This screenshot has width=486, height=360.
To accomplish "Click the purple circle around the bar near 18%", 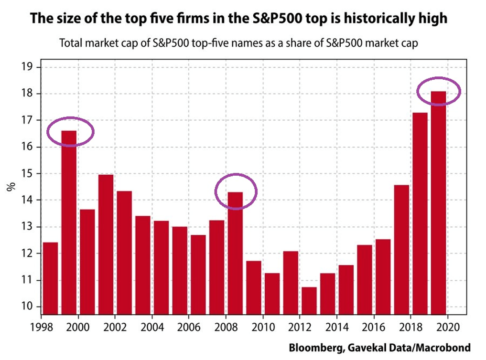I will pos(439,90).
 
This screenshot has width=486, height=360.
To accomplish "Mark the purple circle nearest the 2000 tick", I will pos(70,131).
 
